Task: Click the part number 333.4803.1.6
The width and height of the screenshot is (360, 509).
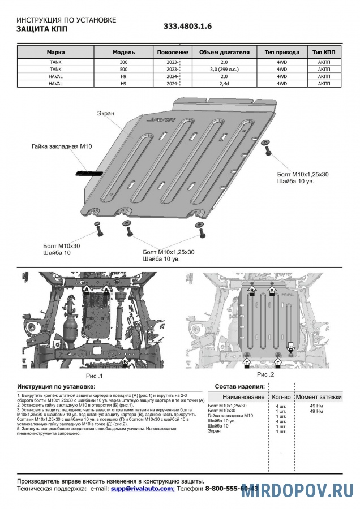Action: (x=188, y=27)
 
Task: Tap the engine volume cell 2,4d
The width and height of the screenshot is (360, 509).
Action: (x=224, y=84)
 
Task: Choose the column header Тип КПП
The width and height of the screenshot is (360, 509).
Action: (x=324, y=52)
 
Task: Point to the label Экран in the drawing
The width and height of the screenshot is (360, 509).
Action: (x=105, y=113)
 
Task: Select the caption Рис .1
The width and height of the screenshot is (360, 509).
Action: (x=94, y=375)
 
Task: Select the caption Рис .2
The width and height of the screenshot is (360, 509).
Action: (x=265, y=374)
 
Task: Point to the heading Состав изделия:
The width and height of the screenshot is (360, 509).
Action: (x=239, y=386)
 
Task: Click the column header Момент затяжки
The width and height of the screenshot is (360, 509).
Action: (x=319, y=398)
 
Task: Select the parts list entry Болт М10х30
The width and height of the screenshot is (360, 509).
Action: (x=222, y=411)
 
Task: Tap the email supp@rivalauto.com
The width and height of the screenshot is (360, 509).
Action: (x=142, y=488)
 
